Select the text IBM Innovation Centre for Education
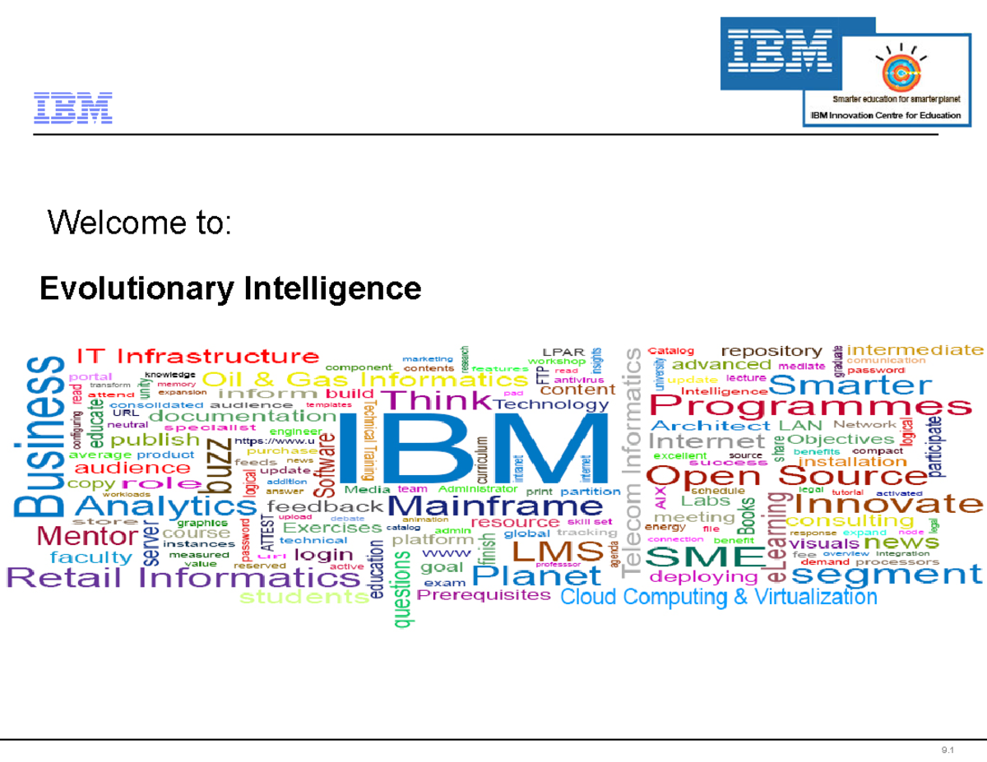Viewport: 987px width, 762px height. coord(883,115)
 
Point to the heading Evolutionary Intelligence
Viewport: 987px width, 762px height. coord(230,289)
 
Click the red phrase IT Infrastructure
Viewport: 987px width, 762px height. coord(197,357)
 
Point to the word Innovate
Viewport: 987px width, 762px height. coord(888,501)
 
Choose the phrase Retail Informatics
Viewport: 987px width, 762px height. coord(183,578)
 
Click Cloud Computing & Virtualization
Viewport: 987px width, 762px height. coord(718,597)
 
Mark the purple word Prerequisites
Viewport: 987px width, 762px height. coord(484,594)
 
